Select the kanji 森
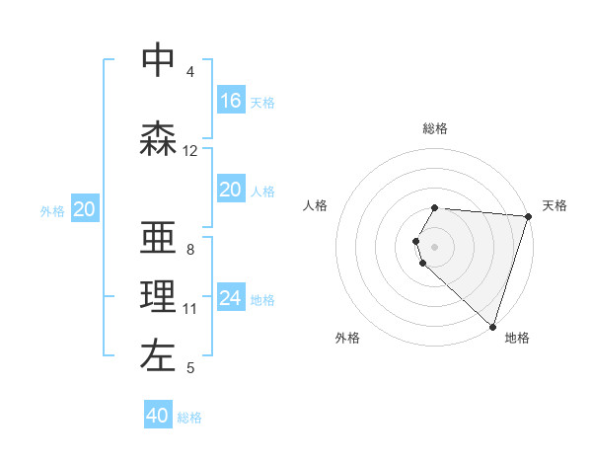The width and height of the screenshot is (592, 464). [158, 139]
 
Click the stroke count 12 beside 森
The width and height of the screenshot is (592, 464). [190, 151]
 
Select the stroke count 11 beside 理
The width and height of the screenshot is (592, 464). [190, 309]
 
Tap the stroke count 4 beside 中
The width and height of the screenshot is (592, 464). [190, 71]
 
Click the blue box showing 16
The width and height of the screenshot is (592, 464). [231, 100]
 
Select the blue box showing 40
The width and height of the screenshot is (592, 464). [158, 416]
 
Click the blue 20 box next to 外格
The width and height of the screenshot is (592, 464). [85, 208]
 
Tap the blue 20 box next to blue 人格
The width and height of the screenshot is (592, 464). [231, 189]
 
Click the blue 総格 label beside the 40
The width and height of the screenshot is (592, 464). [189, 418]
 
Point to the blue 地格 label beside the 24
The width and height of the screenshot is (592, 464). [262, 299]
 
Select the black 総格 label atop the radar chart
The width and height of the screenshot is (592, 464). [435, 128]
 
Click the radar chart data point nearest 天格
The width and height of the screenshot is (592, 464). [528, 216]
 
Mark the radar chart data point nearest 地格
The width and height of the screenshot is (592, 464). [492, 326]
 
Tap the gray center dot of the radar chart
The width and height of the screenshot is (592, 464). [435, 246]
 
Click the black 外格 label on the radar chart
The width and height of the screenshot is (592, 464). [347, 338]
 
